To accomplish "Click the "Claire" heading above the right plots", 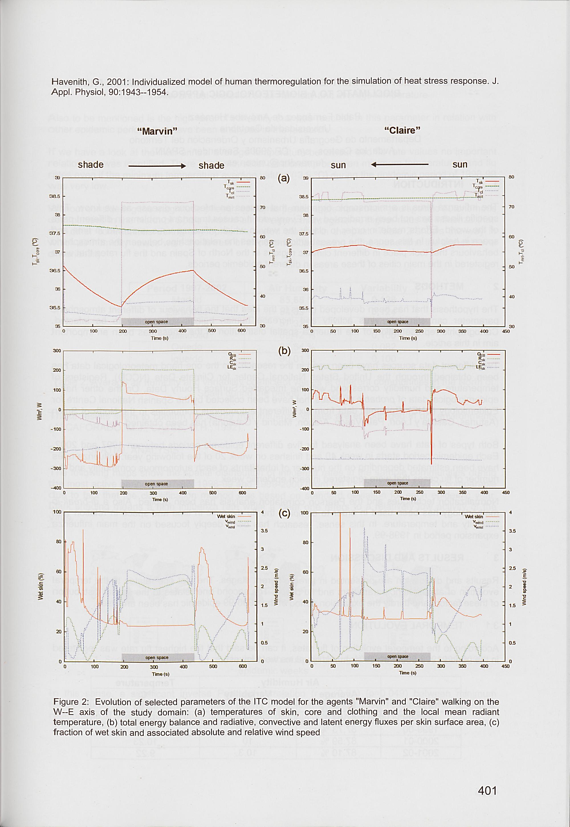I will pyautogui.click(x=402, y=130).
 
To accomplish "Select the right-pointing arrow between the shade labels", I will pyautogui.click(x=157, y=166).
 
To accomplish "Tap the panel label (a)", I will pyautogui.click(x=284, y=178).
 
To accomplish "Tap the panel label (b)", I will pyautogui.click(x=284, y=350).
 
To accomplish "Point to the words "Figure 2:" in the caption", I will pyautogui.click(x=71, y=702).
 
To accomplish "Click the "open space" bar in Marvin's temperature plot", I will pyautogui.click(x=156, y=322).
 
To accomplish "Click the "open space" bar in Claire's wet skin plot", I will pyautogui.click(x=398, y=656).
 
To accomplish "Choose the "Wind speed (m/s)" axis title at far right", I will pyautogui.click(x=525, y=587).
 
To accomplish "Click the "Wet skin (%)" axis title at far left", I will pyautogui.click(x=41, y=587).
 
